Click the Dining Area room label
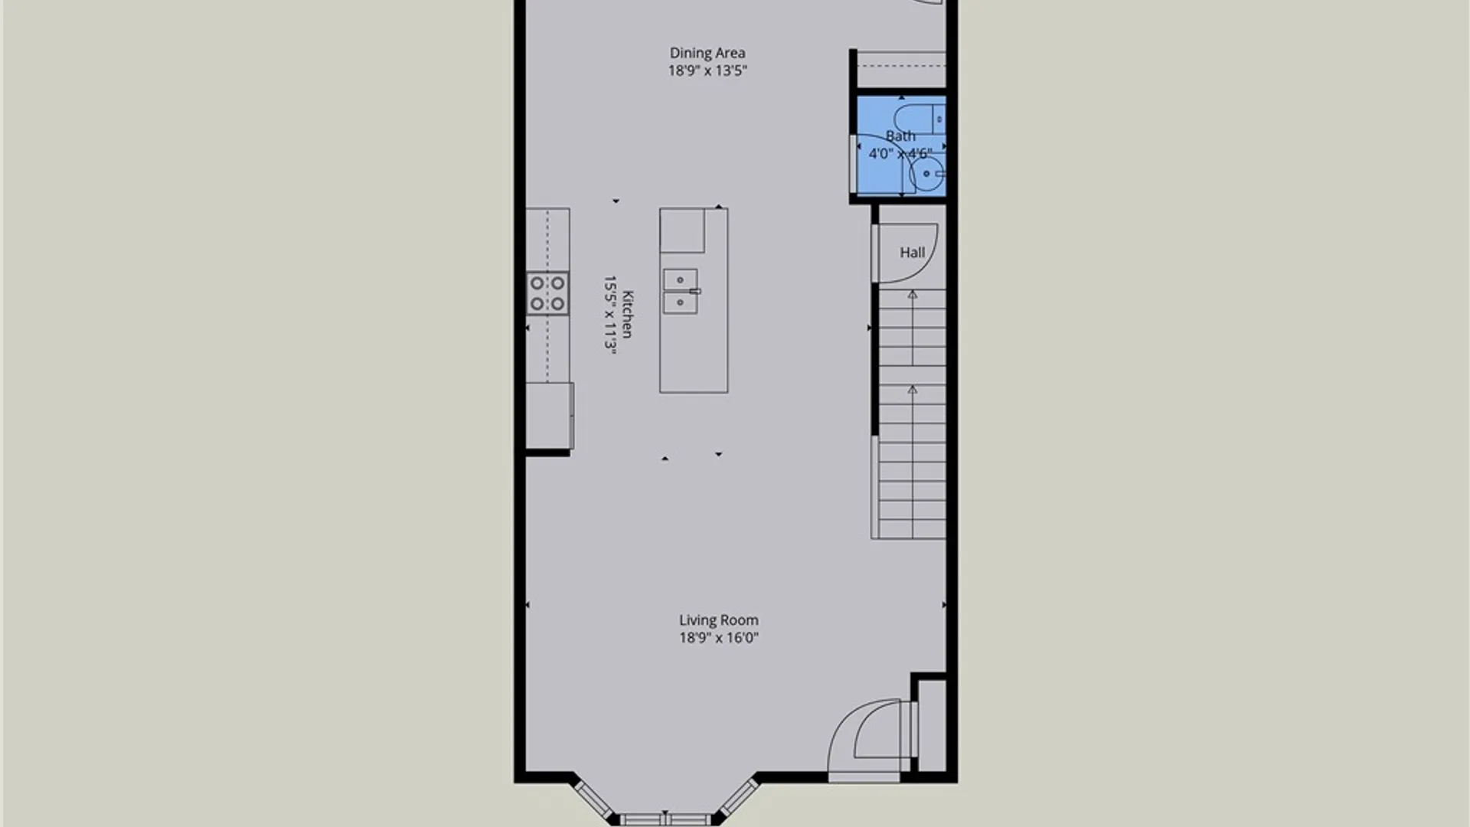pyautogui.click(x=707, y=53)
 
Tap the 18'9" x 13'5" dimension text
pyautogui.click(x=707, y=70)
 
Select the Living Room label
pyautogui.click(x=718, y=620)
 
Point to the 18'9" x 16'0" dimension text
pyautogui.click(x=718, y=638)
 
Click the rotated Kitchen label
pyautogui.click(x=628, y=314)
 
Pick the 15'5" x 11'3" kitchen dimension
pyautogui.click(x=610, y=313)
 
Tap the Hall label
pyautogui.click(x=912, y=253)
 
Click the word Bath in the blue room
pyautogui.click(x=900, y=136)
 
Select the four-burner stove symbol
pyautogui.click(x=547, y=293)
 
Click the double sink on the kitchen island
pyautogui.click(x=681, y=291)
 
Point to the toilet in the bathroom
pyautogui.click(x=920, y=119)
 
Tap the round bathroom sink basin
pyautogui.click(x=927, y=175)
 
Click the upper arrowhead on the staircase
pyautogui.click(x=912, y=295)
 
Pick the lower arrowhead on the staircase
pyautogui.click(x=912, y=390)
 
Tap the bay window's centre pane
pyautogui.click(x=665, y=819)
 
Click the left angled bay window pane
pyautogui.click(x=593, y=798)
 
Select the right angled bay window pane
pyautogui.click(x=737, y=798)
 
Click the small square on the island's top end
pyautogui.click(x=682, y=230)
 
